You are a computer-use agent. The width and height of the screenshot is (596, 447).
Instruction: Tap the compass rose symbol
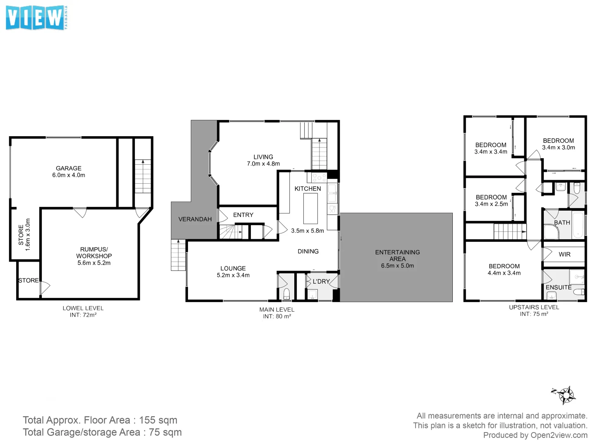point(565,394)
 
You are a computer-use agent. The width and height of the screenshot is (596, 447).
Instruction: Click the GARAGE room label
point(69,168)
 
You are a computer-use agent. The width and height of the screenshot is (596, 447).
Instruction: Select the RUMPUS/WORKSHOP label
point(94,252)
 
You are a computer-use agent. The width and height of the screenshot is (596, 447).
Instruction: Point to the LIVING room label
point(263,157)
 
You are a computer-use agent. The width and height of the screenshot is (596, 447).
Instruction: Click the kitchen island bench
point(310,209)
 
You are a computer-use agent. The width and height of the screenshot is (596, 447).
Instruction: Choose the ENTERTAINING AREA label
point(397,255)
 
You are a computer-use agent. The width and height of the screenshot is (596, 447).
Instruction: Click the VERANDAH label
point(195,219)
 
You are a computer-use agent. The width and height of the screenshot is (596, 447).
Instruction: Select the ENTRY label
point(243,215)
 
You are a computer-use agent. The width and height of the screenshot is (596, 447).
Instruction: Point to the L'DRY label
point(321,281)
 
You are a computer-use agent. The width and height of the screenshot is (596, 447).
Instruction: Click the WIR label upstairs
point(565,255)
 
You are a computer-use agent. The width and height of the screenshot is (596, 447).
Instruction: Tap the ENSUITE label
point(558,287)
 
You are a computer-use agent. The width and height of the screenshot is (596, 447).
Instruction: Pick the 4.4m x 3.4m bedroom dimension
point(504,273)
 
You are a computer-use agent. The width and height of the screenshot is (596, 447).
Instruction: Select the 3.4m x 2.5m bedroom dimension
point(491,204)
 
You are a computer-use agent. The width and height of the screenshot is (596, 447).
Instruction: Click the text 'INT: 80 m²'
point(277,317)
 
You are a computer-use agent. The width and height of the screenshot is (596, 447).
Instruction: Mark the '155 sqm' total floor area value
point(158,420)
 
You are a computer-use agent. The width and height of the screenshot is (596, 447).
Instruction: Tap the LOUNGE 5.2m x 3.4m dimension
point(233,275)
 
